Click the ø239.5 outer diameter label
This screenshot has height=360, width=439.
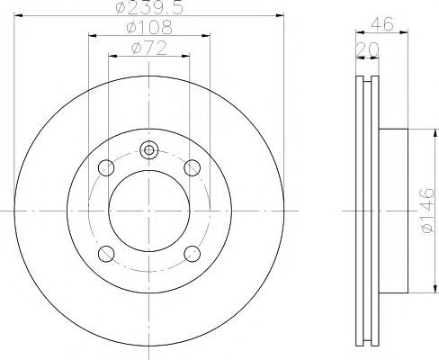(x=149, y=7)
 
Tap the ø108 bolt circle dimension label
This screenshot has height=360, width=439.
(x=149, y=27)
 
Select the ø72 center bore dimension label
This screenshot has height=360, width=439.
(x=149, y=48)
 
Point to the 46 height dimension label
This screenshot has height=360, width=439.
(x=381, y=23)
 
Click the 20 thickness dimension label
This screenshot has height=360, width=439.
(x=367, y=49)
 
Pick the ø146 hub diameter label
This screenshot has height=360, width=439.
(x=427, y=211)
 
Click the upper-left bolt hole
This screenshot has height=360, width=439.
(x=106, y=167)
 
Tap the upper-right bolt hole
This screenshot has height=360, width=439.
(x=192, y=167)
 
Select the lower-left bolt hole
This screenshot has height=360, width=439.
(x=106, y=254)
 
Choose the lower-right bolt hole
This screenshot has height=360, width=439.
(x=192, y=254)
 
